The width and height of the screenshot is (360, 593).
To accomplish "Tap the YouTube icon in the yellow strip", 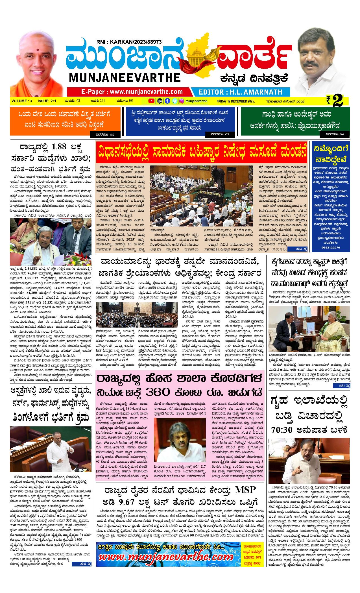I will (152, 101).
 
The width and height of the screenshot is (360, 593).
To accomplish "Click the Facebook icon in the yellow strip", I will (167, 101).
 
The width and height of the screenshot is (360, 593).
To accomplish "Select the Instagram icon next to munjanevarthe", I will (182, 101).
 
